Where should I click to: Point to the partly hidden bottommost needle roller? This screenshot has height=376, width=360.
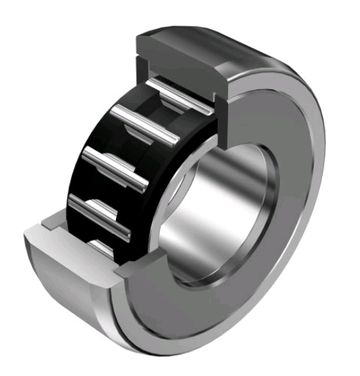point(104,245)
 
